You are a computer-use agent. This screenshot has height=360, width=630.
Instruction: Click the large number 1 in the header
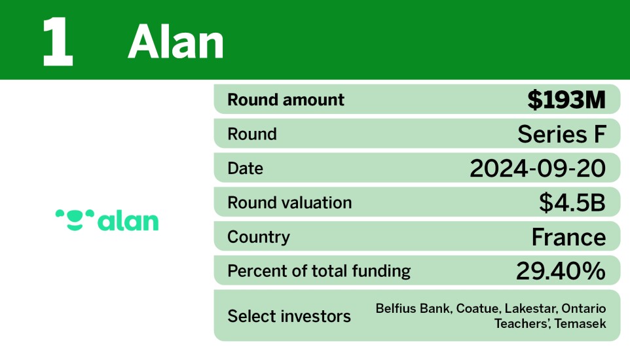pyautogui.click(x=58, y=42)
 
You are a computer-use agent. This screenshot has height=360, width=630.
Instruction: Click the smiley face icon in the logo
pyautogui.click(x=75, y=219)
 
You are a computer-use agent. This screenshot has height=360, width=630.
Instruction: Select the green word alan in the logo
pyautogui.click(x=128, y=221)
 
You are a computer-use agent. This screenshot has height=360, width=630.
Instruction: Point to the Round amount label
pyautogui.click(x=286, y=100)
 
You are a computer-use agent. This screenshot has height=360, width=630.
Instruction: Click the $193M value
pyautogui.click(x=566, y=100)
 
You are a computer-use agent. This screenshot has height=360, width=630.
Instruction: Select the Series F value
pyautogui.click(x=561, y=134)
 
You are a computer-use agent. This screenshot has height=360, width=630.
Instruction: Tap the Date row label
pyautogui.click(x=246, y=168)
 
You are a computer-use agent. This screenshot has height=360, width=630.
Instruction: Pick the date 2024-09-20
pyautogui.click(x=538, y=168)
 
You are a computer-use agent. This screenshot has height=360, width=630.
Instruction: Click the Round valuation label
pyautogui.click(x=289, y=203)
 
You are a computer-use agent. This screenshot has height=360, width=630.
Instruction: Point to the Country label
pyautogui.click(x=258, y=237)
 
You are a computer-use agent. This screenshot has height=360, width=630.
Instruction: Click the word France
pyautogui.click(x=568, y=237)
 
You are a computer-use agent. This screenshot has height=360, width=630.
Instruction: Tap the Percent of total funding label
pyautogui.click(x=319, y=271)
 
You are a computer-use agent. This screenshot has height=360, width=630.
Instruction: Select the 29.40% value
pyautogui.click(x=561, y=271)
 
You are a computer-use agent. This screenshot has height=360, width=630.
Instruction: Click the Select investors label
pyautogui.click(x=289, y=316)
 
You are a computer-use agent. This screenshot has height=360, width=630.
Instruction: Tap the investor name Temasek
pyautogui.click(x=580, y=323)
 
